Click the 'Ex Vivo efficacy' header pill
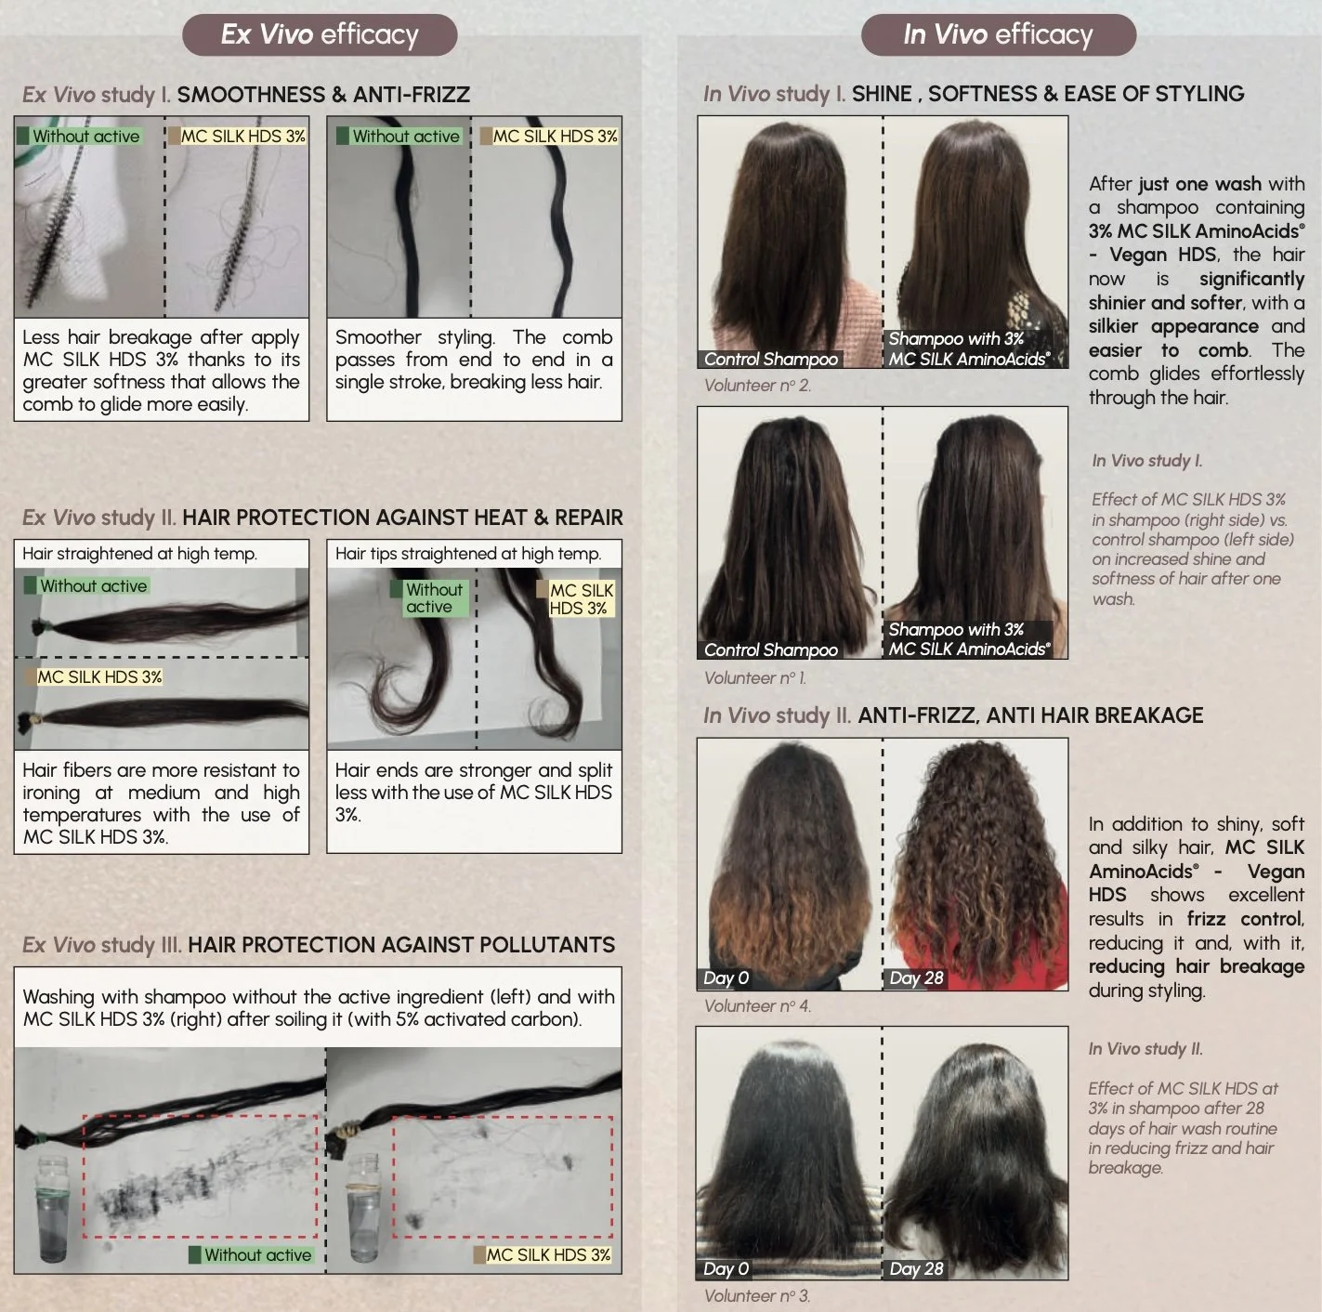pos(320,35)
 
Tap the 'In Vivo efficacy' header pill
pos(998,35)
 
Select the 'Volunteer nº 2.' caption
pos(757,386)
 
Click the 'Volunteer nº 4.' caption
pos(757,1006)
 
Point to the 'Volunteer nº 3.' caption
pos(757,1295)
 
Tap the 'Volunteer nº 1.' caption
pos(755,678)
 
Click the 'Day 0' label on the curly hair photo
pos(726,977)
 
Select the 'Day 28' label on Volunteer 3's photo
pos(916,1268)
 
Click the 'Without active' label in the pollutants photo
pos(251,1254)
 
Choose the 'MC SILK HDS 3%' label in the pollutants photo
pos(542,1254)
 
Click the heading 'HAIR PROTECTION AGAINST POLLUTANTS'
pos(401,945)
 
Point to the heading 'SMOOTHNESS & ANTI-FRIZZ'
pos(323,94)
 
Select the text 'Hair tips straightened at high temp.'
pos(468,554)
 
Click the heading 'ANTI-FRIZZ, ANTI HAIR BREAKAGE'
pos(1030,715)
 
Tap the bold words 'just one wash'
pos(1199,184)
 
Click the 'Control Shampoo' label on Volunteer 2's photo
pos(770,359)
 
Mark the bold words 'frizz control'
pos(1244,918)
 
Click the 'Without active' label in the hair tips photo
pos(434,597)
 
